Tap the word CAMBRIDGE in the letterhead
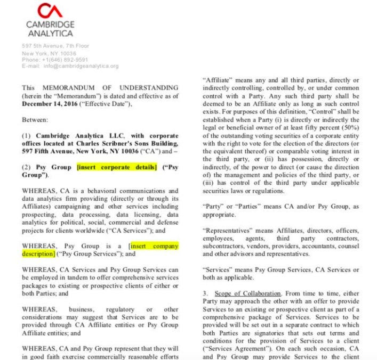[x=50, y=24]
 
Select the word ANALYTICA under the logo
[x=50, y=34]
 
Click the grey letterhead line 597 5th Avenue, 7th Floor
[x=55, y=46]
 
